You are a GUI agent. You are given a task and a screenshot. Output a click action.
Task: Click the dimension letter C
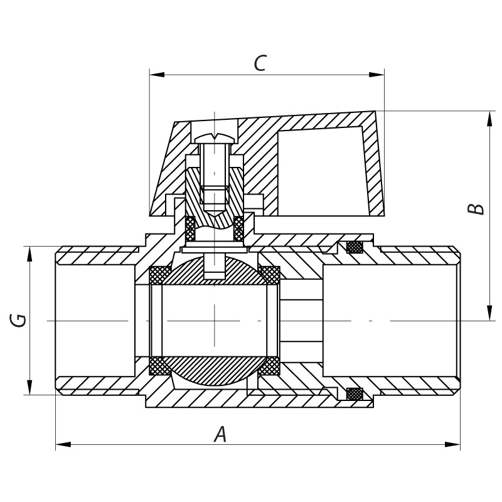[260, 63]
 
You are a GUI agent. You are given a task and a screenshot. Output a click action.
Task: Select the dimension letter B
[478, 209]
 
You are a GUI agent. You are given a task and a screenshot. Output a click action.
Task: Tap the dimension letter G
[19, 320]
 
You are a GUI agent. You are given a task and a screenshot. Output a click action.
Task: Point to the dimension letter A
[220, 434]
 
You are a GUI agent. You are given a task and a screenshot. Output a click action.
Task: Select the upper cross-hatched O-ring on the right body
[355, 247]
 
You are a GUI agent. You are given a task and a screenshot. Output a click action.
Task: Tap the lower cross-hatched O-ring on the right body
[355, 394]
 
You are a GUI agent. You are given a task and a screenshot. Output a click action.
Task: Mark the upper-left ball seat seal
[159, 274]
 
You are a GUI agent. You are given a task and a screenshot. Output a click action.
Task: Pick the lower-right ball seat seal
[270, 365]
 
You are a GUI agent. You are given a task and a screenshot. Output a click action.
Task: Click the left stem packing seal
[190, 229]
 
